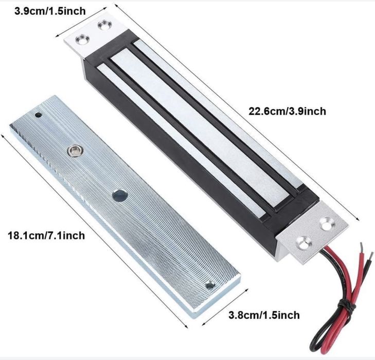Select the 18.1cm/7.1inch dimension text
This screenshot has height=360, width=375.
pos(45,235)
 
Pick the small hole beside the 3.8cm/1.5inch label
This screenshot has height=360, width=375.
pos(209,285)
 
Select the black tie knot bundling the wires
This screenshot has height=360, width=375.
pos(344,307)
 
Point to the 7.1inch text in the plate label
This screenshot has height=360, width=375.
pos(67,235)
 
